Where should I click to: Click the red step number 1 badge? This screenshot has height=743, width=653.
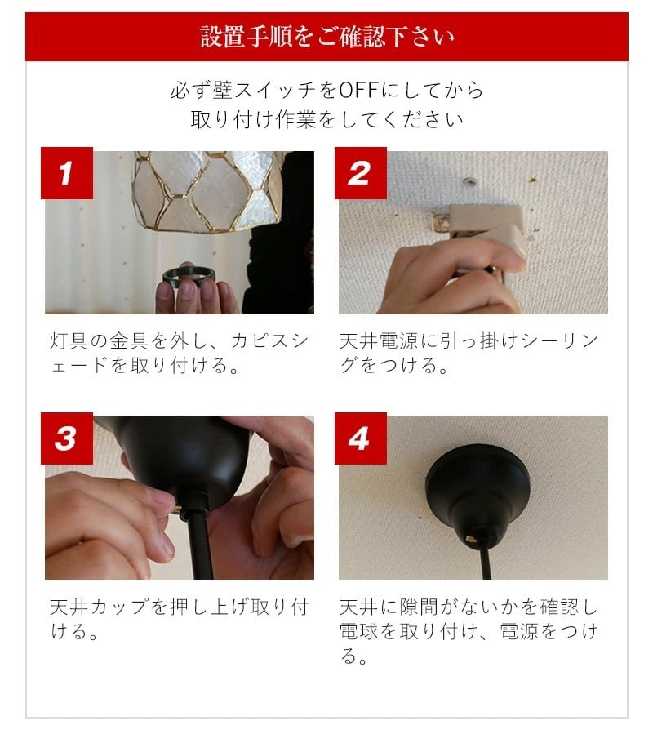[x=67, y=173]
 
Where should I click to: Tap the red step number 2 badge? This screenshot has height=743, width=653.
[x=361, y=173]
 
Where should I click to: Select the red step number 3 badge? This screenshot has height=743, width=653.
[x=67, y=438]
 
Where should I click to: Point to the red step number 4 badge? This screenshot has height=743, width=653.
[x=361, y=438]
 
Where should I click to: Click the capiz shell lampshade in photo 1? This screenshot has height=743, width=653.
[x=208, y=192]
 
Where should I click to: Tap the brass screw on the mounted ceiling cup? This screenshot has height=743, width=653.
[x=471, y=539]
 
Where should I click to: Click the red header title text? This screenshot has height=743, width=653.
[x=327, y=37]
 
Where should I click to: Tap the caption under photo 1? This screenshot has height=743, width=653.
[x=179, y=353]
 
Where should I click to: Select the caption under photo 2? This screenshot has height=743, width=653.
[x=469, y=353]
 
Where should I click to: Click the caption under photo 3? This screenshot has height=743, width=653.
[x=179, y=619]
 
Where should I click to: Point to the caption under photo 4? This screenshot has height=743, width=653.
[x=469, y=631]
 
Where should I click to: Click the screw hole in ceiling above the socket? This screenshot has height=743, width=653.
[x=470, y=180]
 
